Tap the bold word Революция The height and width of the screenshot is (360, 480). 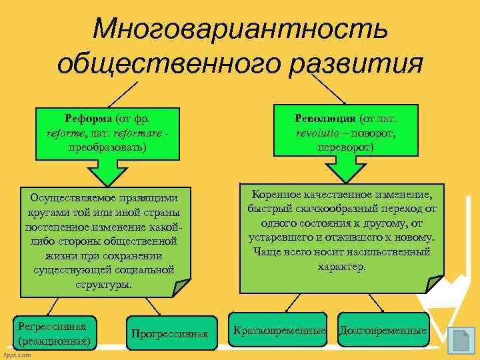coord(325,118)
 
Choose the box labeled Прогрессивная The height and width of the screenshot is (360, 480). coord(170,333)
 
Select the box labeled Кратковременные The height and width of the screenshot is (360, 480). coord(279,331)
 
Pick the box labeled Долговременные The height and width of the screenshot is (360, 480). coord(383,331)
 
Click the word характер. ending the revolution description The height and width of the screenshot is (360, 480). coord(341,266)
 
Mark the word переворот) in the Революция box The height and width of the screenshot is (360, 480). coord(346,146)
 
